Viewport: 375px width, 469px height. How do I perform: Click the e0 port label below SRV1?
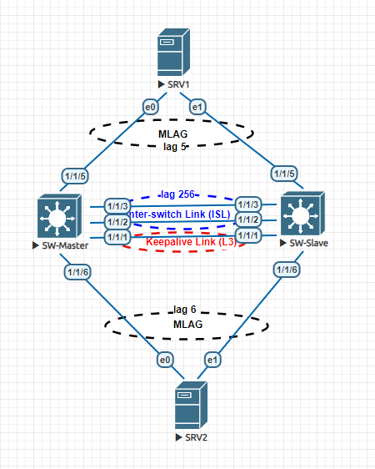pos(151,107)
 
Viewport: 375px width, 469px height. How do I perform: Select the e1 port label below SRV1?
pos(197,107)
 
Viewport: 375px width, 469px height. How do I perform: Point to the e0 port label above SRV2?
pos(166,360)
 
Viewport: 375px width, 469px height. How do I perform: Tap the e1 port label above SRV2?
pos(212,360)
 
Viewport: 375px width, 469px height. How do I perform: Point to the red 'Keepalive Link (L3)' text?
pos(192,242)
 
